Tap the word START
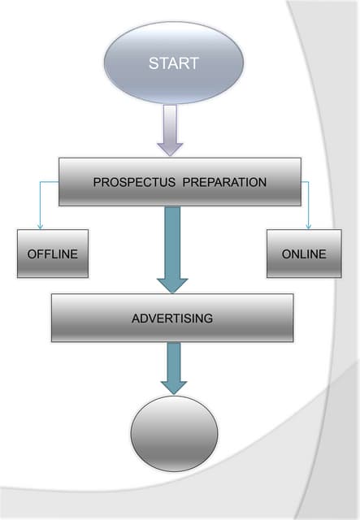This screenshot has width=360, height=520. (174, 63)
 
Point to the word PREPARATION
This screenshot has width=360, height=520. (224, 182)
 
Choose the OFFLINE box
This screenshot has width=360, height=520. (53, 253)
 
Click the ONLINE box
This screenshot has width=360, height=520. (304, 253)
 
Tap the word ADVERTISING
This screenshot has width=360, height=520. (172, 318)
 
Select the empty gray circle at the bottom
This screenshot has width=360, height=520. (174, 433)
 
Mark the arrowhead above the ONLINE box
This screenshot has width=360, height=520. (309, 226)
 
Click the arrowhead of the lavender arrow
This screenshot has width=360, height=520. (170, 148)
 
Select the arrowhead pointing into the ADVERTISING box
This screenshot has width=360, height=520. (172, 284)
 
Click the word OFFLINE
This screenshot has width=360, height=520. (53, 253)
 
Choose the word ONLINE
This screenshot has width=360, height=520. (304, 253)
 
